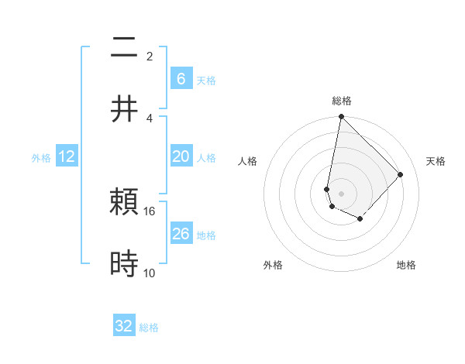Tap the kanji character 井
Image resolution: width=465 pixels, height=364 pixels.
tap(124, 109)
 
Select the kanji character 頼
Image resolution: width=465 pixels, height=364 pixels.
tap(124, 203)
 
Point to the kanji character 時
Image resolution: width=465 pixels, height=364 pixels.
tap(124, 264)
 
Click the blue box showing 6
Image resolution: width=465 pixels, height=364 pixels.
tap(181, 78)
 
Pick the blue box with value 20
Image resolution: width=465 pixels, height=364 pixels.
tap(181, 156)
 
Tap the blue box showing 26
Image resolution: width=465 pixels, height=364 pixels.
tap(181, 234)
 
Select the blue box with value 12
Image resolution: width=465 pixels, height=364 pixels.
tap(67, 156)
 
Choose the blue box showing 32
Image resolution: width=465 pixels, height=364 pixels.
tap(124, 326)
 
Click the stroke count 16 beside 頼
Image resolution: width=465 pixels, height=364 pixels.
tap(150, 211)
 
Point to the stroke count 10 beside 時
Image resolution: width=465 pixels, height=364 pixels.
tap(150, 273)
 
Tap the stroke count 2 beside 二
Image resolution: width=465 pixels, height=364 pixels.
tap(150, 56)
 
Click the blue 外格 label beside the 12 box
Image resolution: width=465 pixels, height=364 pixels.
tap(41, 157)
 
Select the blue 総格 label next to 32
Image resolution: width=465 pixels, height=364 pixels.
tap(149, 328)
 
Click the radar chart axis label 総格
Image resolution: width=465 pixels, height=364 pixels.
tap(342, 101)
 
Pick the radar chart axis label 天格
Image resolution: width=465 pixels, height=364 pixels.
tap(436, 161)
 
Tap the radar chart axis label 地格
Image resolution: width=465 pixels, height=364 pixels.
tap(406, 265)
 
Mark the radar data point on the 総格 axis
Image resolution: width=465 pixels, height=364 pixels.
tap(341, 117)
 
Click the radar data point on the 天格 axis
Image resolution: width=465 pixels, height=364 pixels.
tap(400, 174)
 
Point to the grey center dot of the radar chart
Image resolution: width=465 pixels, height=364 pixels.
tap(341, 193)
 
